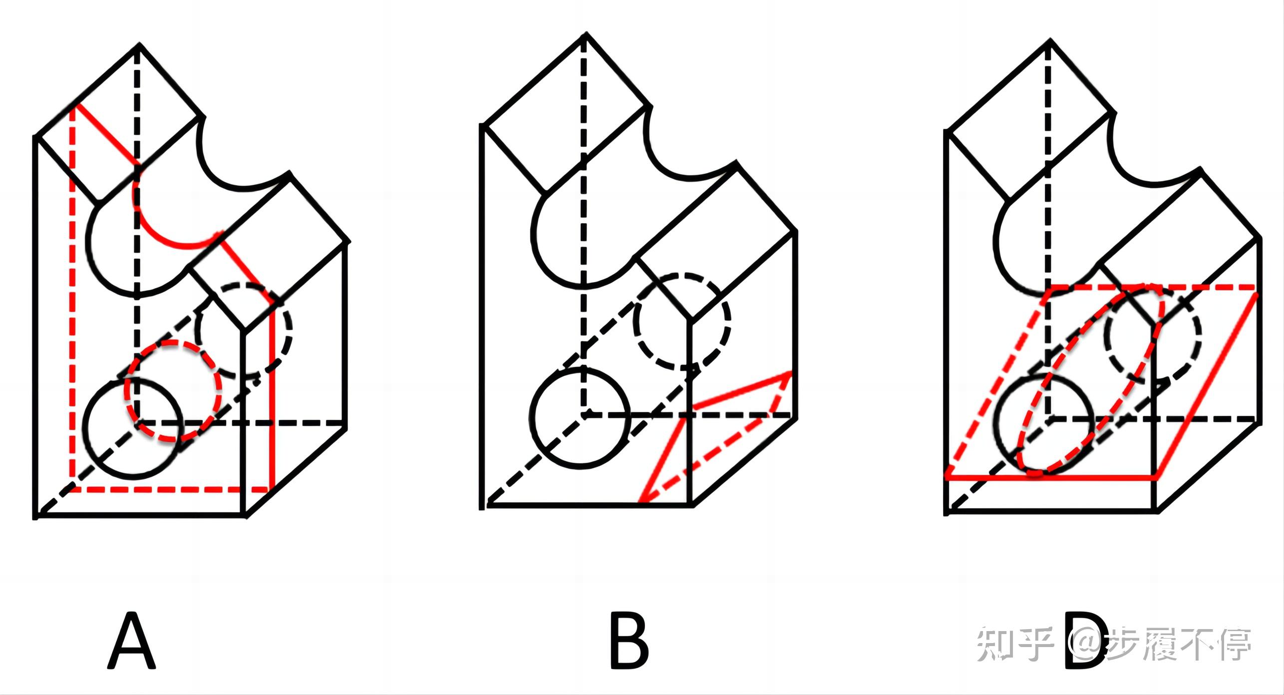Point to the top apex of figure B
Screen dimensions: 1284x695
(x=586, y=34)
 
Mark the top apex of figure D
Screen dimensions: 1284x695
(x=1051, y=40)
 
